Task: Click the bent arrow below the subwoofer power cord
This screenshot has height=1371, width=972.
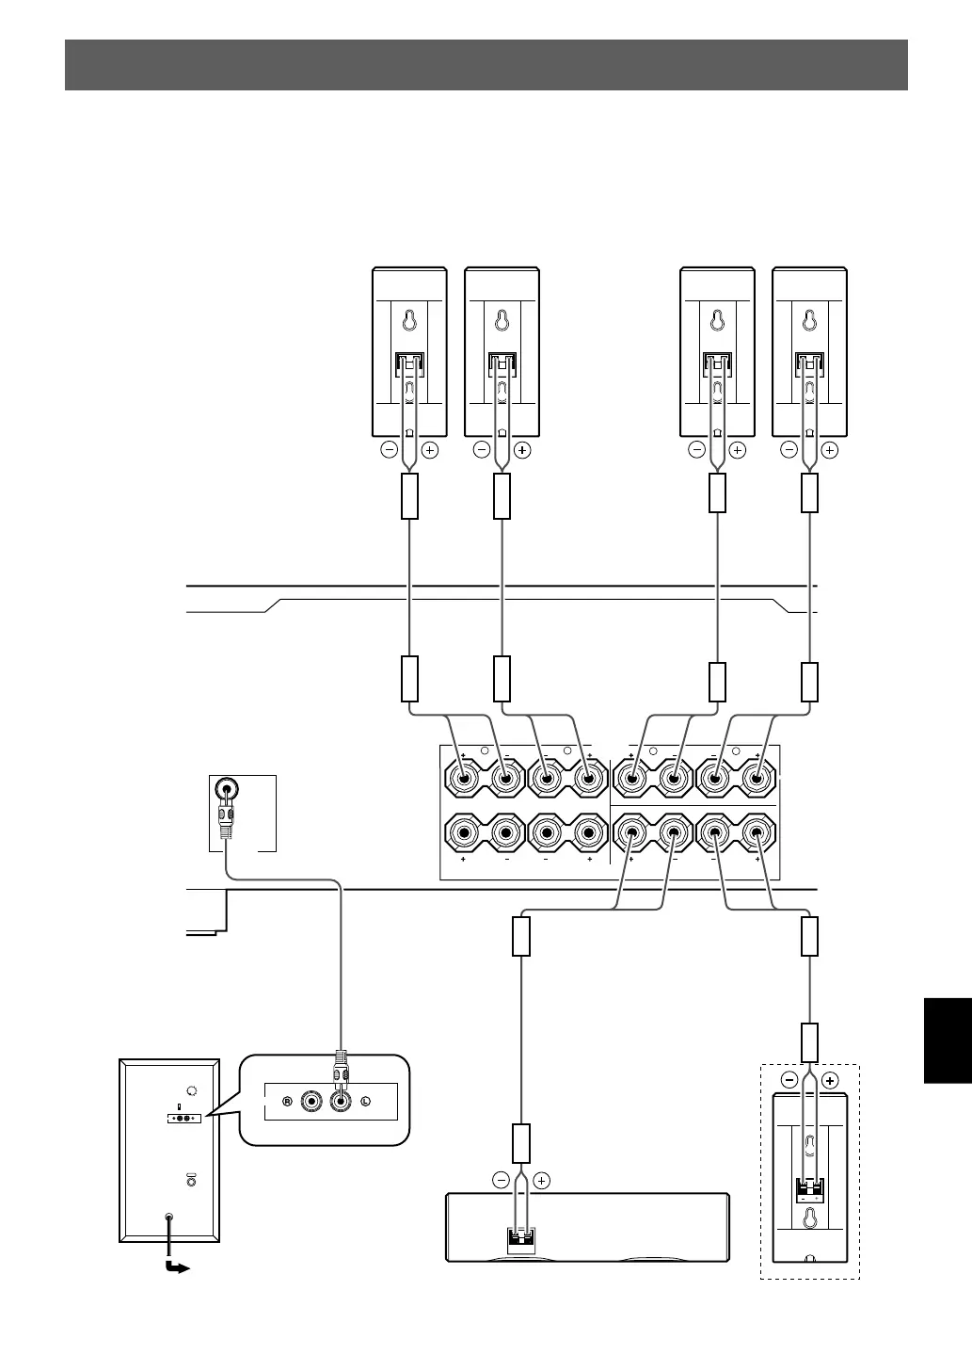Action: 176,1267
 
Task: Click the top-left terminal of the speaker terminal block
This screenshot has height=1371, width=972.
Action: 464,779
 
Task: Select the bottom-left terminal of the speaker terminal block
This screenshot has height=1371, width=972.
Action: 464,833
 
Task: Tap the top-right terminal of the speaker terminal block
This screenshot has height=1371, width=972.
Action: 757,779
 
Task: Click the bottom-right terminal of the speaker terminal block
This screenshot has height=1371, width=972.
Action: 757,833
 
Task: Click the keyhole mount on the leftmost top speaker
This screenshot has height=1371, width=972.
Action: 409,320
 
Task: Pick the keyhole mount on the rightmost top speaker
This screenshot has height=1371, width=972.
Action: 809,320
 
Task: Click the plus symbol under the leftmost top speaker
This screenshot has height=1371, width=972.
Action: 430,450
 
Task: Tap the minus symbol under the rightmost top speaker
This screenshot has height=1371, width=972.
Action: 789,450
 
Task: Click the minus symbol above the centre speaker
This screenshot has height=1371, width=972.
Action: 501,1180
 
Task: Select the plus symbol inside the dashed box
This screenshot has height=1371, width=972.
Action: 829,1080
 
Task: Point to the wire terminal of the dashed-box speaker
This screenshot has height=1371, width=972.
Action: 809,1188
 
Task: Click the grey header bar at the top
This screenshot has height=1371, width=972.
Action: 486,65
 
